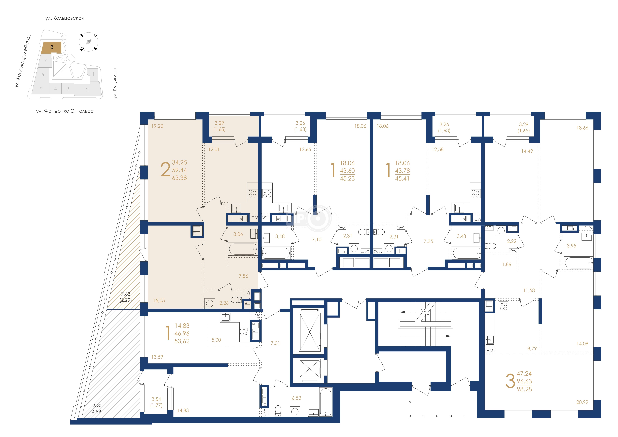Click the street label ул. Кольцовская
tap(65, 18)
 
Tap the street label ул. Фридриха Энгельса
tap(65, 111)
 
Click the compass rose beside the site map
tap(89, 42)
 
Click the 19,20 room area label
tap(157, 126)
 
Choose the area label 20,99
tap(582, 402)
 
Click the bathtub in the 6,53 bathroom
tap(326, 402)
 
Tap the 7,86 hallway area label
tap(243, 276)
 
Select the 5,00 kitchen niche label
tap(216, 340)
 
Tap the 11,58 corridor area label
tap(529, 290)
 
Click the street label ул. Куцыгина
tap(115, 83)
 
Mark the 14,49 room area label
tap(527, 151)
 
